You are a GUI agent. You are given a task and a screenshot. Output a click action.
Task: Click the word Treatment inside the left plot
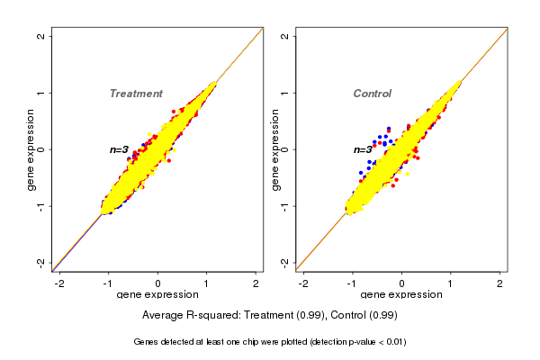click(x=136, y=94)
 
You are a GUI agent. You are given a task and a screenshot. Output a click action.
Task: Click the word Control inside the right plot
click(x=373, y=94)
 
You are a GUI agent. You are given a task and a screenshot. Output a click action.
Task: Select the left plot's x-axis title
click(x=157, y=295)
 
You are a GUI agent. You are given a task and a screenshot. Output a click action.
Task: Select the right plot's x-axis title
click(x=401, y=295)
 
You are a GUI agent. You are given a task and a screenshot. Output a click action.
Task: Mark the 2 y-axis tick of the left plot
click(x=41, y=36)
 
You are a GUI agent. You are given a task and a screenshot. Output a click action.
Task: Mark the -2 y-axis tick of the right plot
click(x=285, y=262)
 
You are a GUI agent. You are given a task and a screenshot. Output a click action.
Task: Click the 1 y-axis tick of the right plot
click(x=285, y=93)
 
